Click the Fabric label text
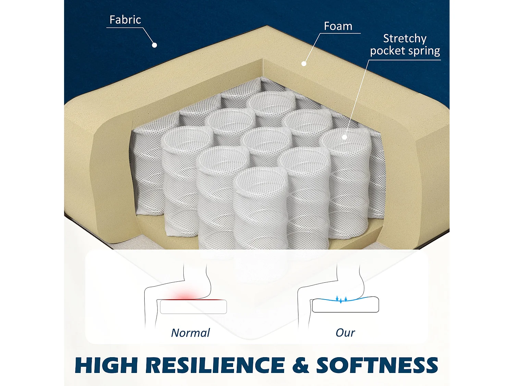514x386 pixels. (x=125, y=20)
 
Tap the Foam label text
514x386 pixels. (x=338, y=26)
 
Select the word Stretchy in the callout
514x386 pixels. (x=405, y=39)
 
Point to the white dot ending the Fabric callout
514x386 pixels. (x=154, y=45)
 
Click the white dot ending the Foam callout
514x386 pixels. (x=304, y=63)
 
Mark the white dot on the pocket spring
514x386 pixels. (x=344, y=137)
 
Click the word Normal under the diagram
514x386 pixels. (x=191, y=333)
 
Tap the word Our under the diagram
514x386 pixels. (x=345, y=333)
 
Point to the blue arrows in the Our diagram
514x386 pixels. (x=341, y=299)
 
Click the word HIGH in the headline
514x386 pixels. (x=106, y=365)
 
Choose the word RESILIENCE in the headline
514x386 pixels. (x=215, y=365)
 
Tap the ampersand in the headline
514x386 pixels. (x=300, y=365)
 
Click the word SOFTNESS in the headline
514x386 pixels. (x=377, y=365)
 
